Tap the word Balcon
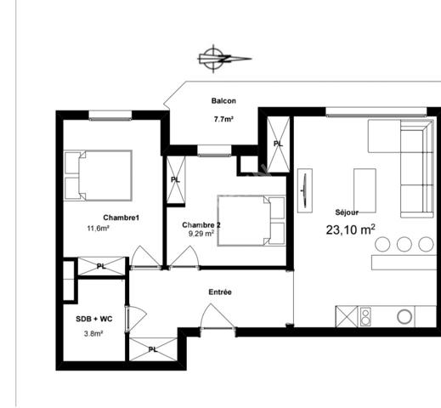[x=223, y=101]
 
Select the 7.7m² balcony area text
[x=223, y=119]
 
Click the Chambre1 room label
[x=122, y=218]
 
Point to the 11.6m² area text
[x=99, y=229]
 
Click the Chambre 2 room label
[x=201, y=224]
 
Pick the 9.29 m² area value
[x=198, y=234]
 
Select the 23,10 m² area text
[x=350, y=229]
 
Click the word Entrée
[x=220, y=292]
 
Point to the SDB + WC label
[x=94, y=319]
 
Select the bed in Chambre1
[x=99, y=175]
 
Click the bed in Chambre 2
[x=251, y=221]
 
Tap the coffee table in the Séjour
[x=365, y=190]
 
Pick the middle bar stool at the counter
[x=404, y=245]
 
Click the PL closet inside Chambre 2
[x=176, y=179]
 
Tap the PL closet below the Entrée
[x=153, y=348]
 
